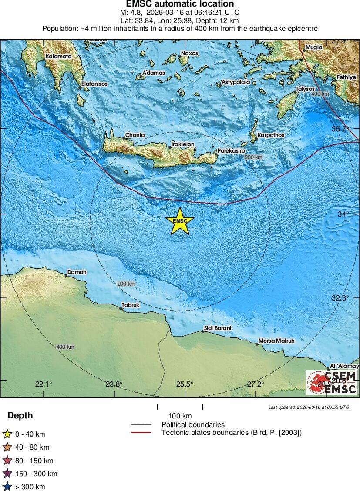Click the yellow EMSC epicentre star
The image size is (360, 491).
pyautogui.click(x=180, y=221)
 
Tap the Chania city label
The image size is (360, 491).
pyautogui.click(x=135, y=135)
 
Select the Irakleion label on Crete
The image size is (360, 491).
pyautogui.click(x=183, y=144)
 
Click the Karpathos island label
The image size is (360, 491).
pyautogui.click(x=270, y=135)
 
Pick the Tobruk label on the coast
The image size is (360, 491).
pyautogui.click(x=131, y=305)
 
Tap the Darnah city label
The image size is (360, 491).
pyautogui.click(x=77, y=273)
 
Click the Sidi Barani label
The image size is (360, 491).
pyautogui.click(x=217, y=328)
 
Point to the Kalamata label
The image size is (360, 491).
pyautogui.click(x=59, y=57)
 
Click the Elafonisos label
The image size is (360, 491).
pyautogui.click(x=94, y=84)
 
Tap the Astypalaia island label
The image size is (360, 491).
pyautogui.click(x=236, y=82)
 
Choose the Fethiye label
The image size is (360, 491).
pyautogui.click(x=347, y=77)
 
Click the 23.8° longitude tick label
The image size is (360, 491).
pyautogui.click(x=114, y=384)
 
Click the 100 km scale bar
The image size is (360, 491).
pyautogui.click(x=180, y=407)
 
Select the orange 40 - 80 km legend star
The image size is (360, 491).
pyautogui.click(x=7, y=447)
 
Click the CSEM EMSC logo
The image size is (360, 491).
pyautogui.click(x=332, y=382)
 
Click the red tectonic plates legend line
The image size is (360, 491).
pyautogui.click(x=141, y=432)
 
